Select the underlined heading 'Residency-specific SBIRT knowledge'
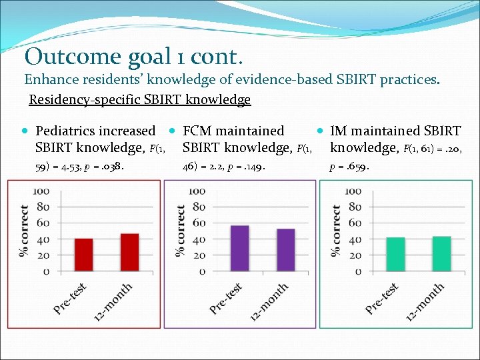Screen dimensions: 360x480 (140, 100)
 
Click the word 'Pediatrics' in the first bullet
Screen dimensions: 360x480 (66, 131)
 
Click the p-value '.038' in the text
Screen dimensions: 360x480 (110, 169)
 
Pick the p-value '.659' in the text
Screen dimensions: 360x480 (356, 169)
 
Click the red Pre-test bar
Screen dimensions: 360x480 (84, 255)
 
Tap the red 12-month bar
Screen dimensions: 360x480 (129, 252)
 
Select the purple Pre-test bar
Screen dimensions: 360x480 (239, 248)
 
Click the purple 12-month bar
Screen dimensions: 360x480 (285, 250)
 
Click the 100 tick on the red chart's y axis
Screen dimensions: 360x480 (41, 191)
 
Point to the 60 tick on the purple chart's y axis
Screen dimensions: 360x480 (197, 223)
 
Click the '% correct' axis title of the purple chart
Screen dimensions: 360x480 (180, 230)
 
